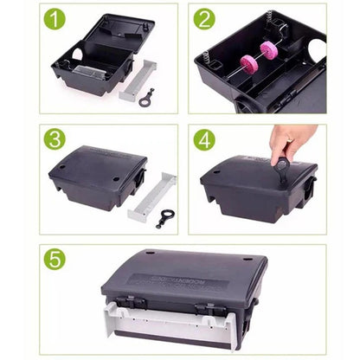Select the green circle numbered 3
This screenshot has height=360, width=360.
click(55, 138)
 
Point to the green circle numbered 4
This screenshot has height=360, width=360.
click(204, 138)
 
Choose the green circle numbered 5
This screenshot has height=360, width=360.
click(55, 259)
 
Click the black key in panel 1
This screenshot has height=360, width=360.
click(147, 96)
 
